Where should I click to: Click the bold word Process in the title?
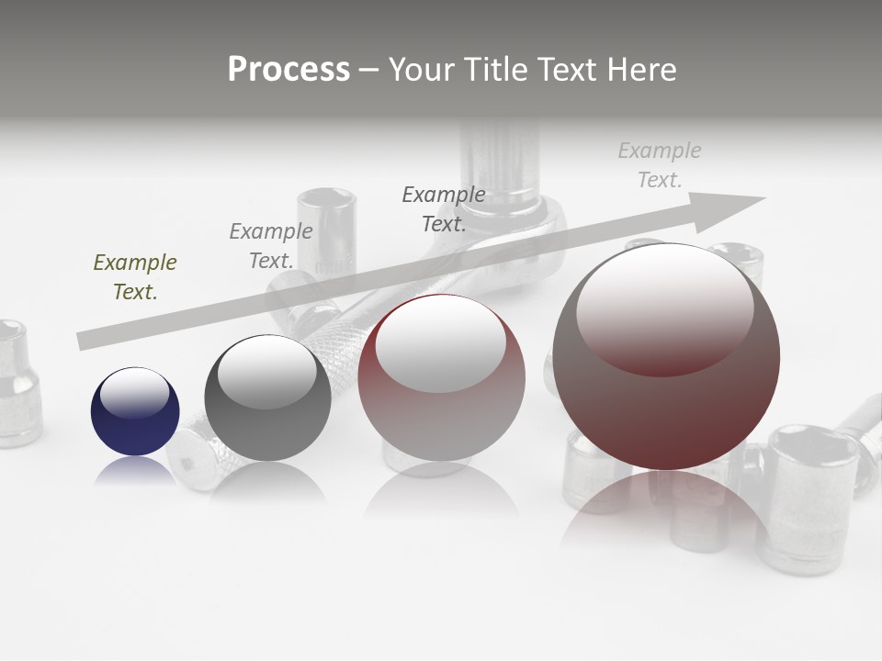tap(288, 70)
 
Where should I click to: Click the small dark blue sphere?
tap(135, 411)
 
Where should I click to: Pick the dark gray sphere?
tap(267, 398)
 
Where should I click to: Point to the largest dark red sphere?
tap(666, 357)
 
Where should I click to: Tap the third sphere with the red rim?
tap(441, 378)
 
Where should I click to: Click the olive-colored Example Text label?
tap(135, 277)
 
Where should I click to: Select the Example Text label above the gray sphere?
tap(271, 246)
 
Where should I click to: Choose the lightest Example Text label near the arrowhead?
tap(660, 165)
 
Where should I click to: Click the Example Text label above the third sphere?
tap(444, 208)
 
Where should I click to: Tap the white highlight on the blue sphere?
tap(135, 392)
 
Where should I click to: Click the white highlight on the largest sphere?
tap(664, 308)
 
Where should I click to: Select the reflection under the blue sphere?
tap(135, 470)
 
